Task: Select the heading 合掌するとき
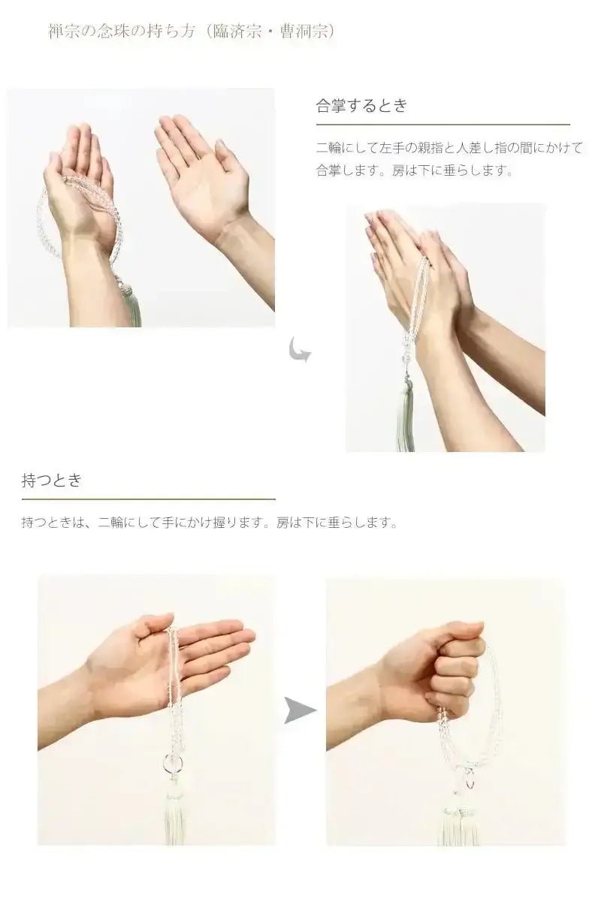click(361, 106)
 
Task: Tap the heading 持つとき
click(51, 481)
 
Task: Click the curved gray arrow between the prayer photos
click(300, 349)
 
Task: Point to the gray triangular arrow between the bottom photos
click(300, 710)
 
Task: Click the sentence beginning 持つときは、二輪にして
click(209, 523)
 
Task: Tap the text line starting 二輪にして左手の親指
click(448, 148)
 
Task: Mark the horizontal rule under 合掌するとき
click(442, 125)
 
